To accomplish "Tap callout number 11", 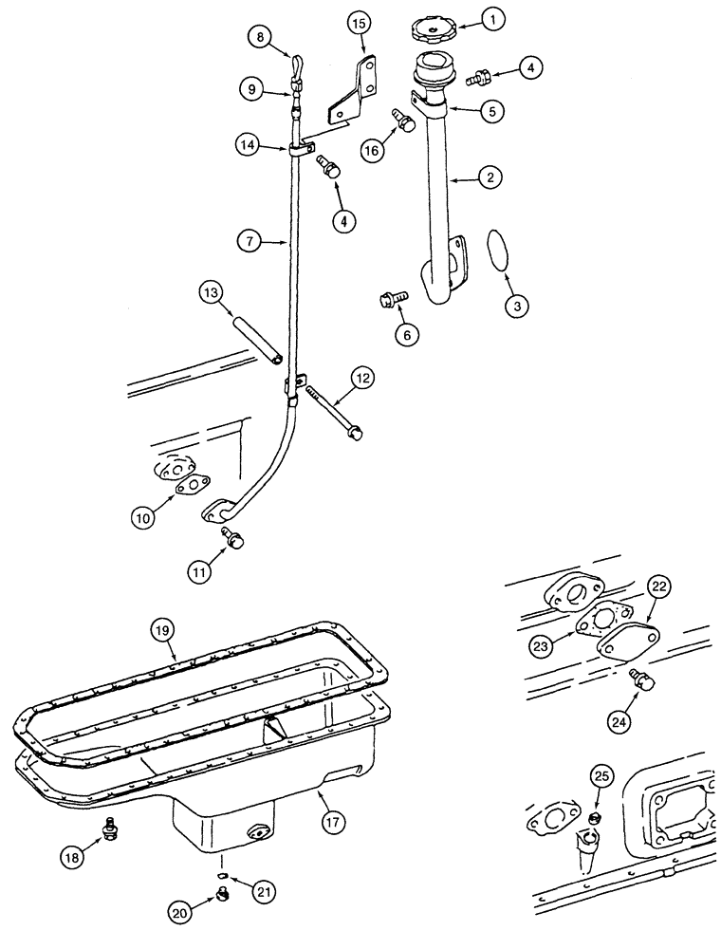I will (200, 572).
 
